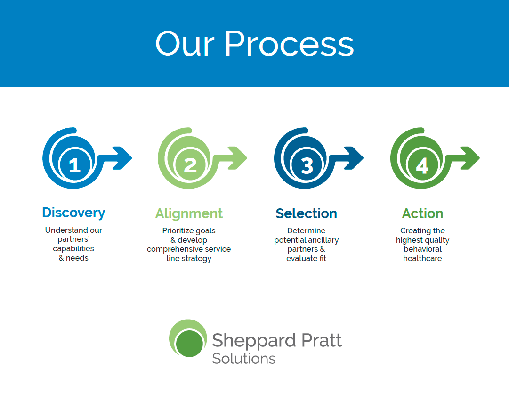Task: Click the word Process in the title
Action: pyautogui.click(x=289, y=43)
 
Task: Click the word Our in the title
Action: pyautogui.click(x=185, y=43)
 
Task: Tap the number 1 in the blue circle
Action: pyautogui.click(x=75, y=164)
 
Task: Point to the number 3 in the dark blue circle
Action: pyautogui.click(x=307, y=165)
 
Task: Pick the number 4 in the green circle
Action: pyautogui.click(x=422, y=165)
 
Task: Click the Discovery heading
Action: pyautogui.click(x=73, y=213)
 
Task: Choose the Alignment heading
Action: pyautogui.click(x=189, y=214)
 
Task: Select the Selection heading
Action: pyautogui.click(x=307, y=213)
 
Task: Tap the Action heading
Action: pyautogui.click(x=423, y=213)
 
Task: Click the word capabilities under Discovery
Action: pyautogui.click(x=73, y=249)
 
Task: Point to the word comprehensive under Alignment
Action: pyautogui.click(x=175, y=249)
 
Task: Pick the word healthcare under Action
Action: pyautogui.click(x=422, y=259)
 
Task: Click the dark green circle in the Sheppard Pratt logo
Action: pyautogui.click(x=189, y=343)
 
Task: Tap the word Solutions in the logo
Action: pyautogui.click(x=244, y=359)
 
